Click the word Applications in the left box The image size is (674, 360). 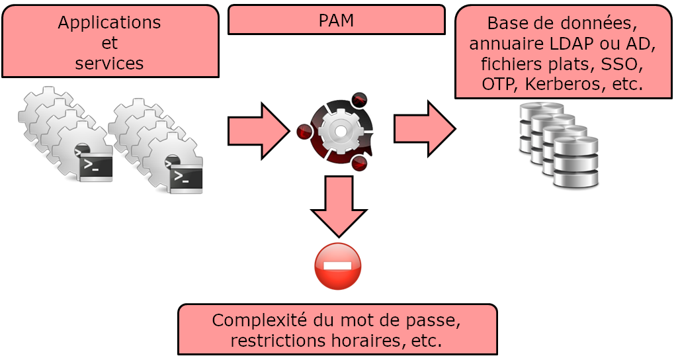(x=109, y=22)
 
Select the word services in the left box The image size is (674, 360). (x=109, y=64)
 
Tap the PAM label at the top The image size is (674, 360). (x=336, y=20)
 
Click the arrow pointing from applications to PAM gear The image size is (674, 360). (x=258, y=131)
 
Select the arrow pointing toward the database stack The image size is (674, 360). (x=424, y=128)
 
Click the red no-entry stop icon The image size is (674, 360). (x=338, y=266)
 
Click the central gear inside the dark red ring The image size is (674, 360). (x=340, y=130)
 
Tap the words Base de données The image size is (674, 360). (x=563, y=23)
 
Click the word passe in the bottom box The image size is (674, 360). (x=434, y=320)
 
